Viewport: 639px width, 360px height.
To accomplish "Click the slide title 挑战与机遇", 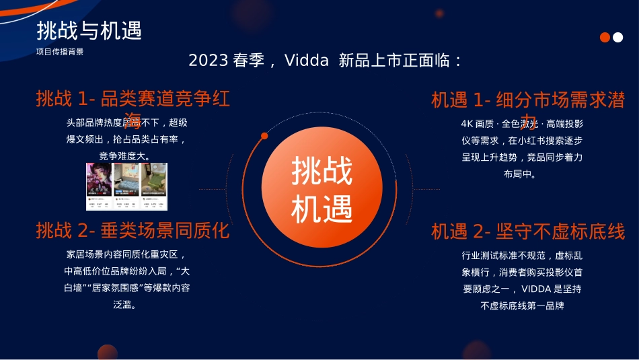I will (x=89, y=31).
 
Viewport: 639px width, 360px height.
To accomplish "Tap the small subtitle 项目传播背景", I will (x=60, y=52).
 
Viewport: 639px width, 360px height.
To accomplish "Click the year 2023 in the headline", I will (x=208, y=61).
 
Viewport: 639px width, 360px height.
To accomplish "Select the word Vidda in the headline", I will (x=307, y=61).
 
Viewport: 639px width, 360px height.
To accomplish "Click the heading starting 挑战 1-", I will (x=133, y=100).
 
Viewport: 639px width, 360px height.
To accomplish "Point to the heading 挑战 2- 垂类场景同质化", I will (x=133, y=231).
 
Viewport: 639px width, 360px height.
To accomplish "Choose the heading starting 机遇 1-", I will (x=528, y=101).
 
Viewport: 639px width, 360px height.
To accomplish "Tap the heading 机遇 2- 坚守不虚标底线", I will (x=528, y=232).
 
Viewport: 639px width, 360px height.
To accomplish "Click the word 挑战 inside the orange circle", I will (x=322, y=172).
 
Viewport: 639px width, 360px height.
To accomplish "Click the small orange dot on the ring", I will (x=264, y=136).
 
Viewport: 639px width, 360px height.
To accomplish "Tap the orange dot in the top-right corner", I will (x=605, y=38).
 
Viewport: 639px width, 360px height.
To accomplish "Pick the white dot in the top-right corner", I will (x=617, y=38).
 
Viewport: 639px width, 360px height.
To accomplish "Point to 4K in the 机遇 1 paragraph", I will (x=467, y=124).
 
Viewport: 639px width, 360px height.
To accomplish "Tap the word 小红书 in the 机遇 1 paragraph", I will (x=532, y=141).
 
